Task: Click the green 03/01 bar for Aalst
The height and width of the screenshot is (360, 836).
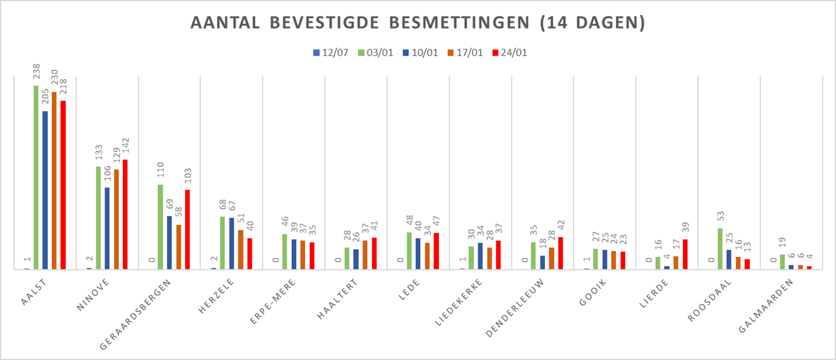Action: (36, 177)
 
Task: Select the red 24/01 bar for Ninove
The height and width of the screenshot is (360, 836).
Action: (125, 214)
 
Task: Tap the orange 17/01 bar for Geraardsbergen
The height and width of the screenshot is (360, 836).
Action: (179, 247)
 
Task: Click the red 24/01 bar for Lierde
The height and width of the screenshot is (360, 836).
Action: (685, 254)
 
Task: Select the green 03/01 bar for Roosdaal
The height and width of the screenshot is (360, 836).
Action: (720, 249)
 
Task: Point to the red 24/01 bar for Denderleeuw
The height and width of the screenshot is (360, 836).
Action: (561, 253)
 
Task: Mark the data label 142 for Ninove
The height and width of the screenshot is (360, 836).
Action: (125, 147)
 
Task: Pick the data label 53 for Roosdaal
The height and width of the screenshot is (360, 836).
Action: (720, 218)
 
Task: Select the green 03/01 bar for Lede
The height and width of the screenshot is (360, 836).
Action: (409, 251)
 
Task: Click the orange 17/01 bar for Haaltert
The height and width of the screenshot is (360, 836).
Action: (365, 255)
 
